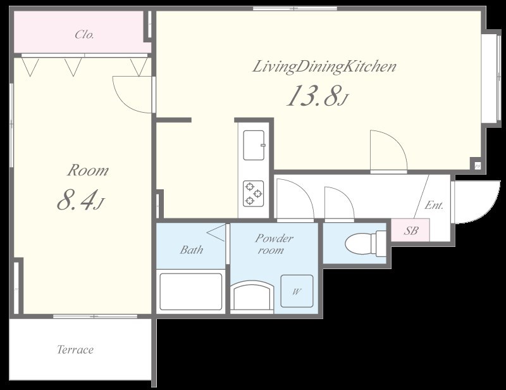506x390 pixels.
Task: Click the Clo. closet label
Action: coord(85,34)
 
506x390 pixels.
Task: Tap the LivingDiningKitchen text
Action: coord(324,67)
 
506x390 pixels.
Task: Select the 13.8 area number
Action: coord(314,96)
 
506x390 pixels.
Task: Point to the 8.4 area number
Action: coord(77,200)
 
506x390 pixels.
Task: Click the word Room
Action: coord(88,170)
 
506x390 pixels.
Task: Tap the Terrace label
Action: coord(75,349)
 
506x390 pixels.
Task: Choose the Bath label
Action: coord(192,250)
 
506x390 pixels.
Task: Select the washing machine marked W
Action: coord(297,291)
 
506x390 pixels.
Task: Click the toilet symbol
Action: coord(366,244)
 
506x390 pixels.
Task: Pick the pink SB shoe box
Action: coord(410,230)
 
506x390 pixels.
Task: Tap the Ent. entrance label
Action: coord(434,205)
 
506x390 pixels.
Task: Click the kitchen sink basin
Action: coord(254,145)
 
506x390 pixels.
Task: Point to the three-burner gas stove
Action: coord(254,193)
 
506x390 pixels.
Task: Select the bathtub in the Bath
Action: coord(191,292)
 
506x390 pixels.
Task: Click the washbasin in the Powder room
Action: coord(252,295)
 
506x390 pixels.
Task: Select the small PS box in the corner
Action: coord(477,166)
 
